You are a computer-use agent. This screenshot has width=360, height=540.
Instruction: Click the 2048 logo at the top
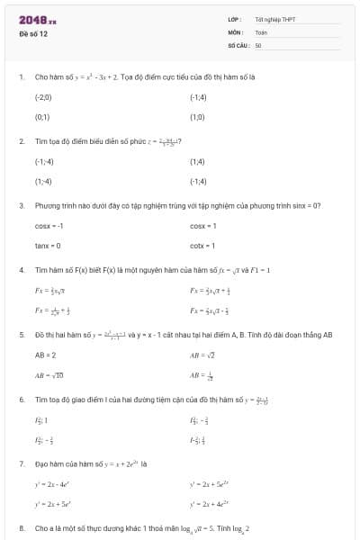(x=36, y=19)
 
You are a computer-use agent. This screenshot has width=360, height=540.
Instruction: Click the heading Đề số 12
(x=33, y=33)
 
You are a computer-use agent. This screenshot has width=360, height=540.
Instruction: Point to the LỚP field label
(x=235, y=19)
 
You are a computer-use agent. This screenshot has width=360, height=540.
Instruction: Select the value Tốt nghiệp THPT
(x=274, y=19)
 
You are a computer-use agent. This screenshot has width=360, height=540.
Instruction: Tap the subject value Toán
(x=261, y=31)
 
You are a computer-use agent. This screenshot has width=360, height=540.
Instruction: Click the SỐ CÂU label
(x=238, y=44)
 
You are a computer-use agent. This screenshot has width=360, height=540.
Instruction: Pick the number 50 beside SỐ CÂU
(x=258, y=44)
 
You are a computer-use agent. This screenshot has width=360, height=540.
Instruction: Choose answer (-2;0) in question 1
(x=43, y=96)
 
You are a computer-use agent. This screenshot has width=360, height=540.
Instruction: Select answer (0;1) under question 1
(x=41, y=117)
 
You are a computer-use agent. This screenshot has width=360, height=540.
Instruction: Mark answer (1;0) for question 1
(x=197, y=117)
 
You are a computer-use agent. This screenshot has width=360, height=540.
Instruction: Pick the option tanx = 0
(x=48, y=246)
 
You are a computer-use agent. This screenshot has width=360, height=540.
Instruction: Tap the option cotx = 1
(x=203, y=246)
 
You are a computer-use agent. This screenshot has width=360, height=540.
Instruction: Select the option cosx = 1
(x=203, y=225)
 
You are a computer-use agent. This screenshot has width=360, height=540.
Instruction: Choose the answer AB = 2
(x=45, y=355)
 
